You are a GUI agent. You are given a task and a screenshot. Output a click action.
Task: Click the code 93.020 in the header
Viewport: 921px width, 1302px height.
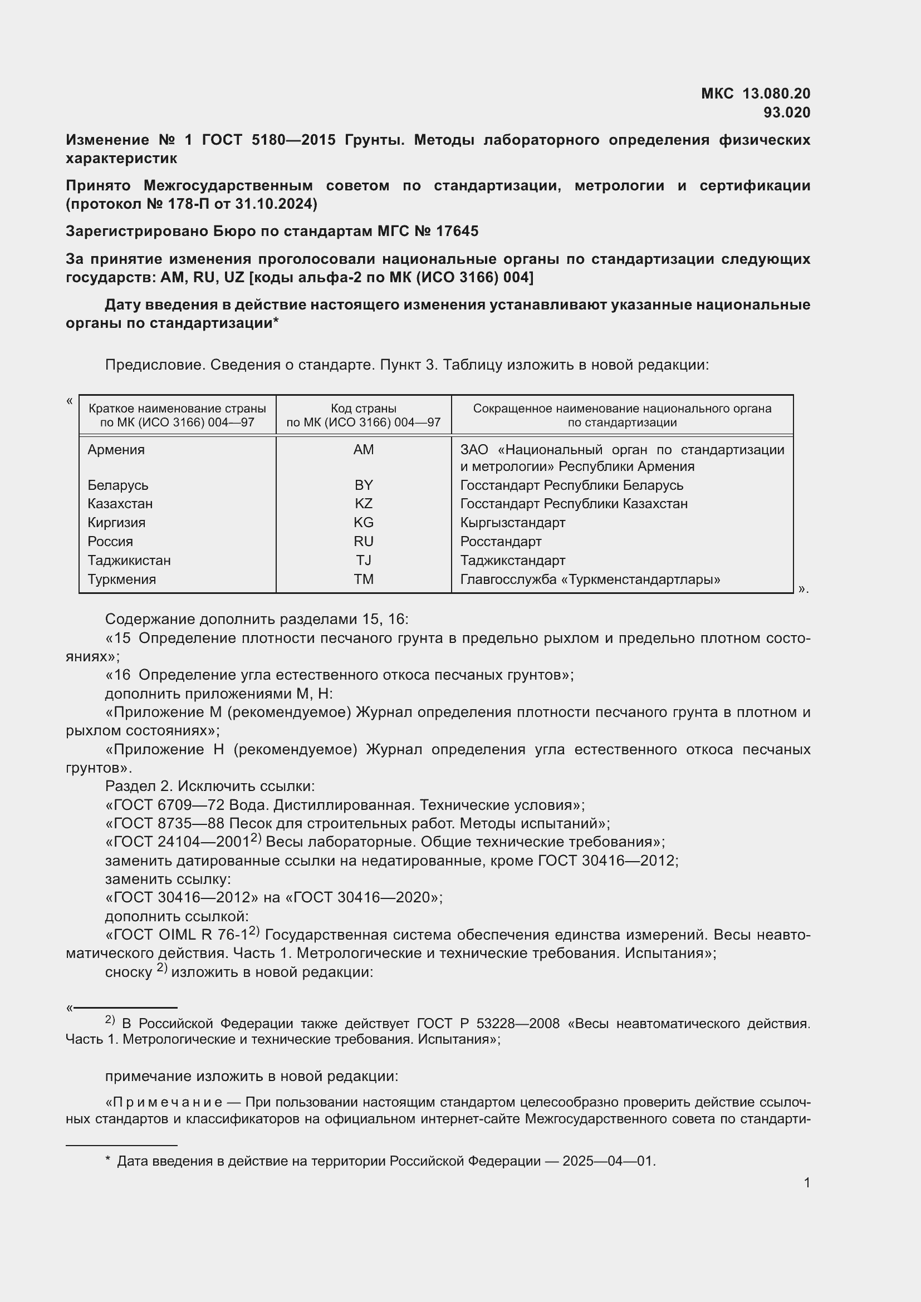[x=787, y=112]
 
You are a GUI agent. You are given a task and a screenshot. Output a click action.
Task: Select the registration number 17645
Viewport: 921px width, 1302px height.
[x=457, y=232]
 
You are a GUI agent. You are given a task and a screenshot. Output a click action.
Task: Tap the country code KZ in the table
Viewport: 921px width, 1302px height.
[x=364, y=504]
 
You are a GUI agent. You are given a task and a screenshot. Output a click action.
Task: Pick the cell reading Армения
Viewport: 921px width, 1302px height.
[x=116, y=450]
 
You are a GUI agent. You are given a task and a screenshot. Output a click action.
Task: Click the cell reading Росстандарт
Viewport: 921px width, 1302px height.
[x=501, y=542]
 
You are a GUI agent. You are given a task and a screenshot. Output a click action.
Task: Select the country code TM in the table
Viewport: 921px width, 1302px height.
[x=364, y=579]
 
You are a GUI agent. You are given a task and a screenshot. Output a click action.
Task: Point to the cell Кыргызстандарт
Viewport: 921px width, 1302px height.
[x=513, y=522]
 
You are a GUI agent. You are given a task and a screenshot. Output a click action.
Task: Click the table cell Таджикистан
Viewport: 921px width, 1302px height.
[x=129, y=561]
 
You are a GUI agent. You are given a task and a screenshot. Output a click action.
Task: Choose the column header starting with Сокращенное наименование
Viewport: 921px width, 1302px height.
[x=622, y=415]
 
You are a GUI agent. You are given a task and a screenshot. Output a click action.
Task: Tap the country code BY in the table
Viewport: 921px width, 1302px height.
[x=364, y=485]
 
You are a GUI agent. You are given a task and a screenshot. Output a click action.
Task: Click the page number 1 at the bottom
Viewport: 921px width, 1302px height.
[x=807, y=1183]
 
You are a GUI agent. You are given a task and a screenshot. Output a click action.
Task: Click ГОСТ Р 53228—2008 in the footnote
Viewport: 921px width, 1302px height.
[x=488, y=1024]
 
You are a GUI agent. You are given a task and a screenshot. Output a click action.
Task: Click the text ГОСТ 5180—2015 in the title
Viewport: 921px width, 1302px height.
[x=270, y=140]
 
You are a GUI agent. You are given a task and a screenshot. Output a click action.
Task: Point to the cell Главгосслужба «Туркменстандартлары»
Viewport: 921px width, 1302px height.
[x=590, y=579]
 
